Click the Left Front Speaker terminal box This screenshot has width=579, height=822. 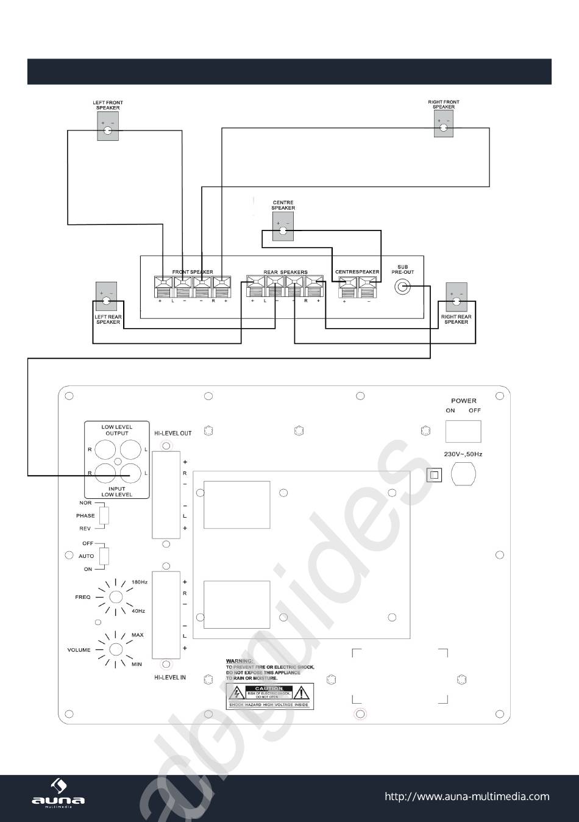pos(108,127)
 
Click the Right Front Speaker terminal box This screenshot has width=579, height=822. pos(443,124)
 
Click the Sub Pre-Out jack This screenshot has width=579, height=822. pos(402,287)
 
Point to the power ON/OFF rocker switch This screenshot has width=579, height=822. pos(463,431)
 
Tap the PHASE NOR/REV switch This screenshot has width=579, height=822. pos(104,516)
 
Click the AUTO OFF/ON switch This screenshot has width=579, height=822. pos(104,556)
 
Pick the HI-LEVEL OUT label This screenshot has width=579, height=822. pos(173,434)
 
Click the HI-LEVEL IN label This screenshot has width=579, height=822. pos(170,677)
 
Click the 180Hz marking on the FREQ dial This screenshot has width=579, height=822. pos(140,582)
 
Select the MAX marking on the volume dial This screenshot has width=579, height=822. pos(138,635)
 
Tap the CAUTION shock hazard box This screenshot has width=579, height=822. pos(269,696)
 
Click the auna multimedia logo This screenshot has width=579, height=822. pos(58,794)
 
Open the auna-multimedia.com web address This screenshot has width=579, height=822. pos(467,796)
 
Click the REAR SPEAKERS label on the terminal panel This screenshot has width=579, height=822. pos(285,272)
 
